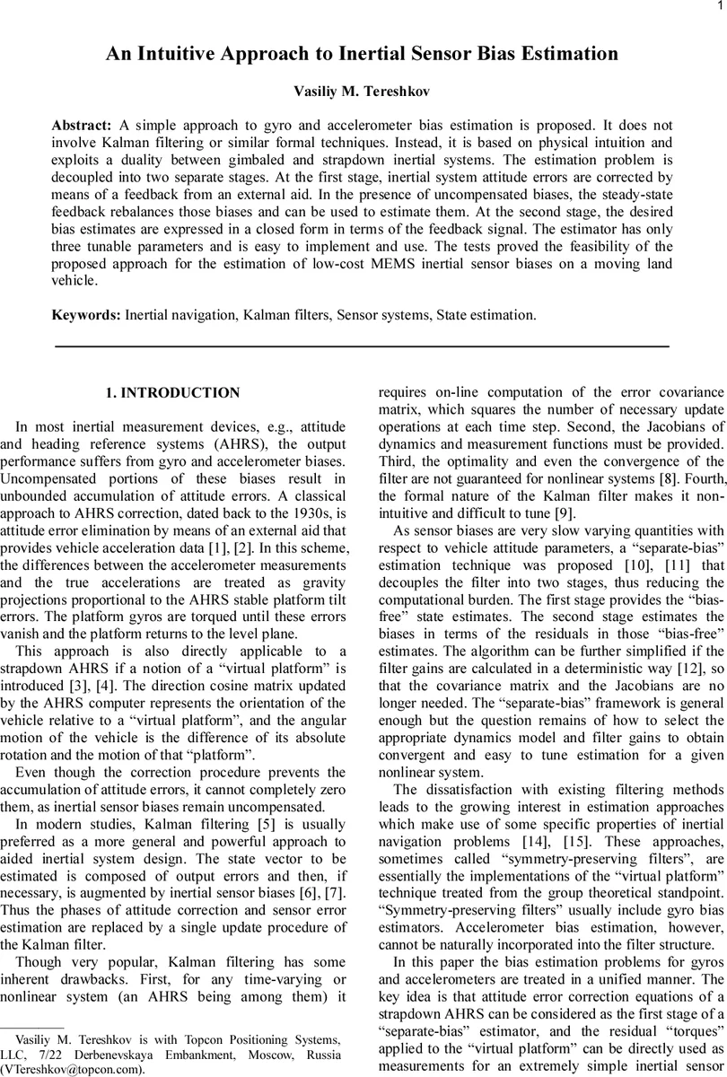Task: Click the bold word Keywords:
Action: click(x=86, y=315)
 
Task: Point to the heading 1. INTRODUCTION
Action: click(x=173, y=393)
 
